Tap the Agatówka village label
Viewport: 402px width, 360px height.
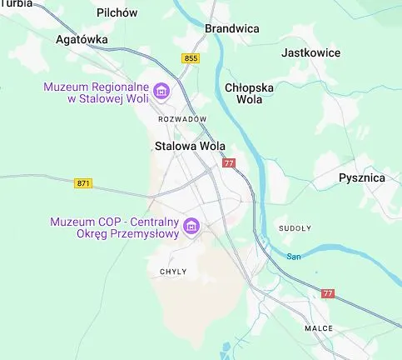82,39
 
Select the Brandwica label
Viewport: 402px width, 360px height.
231,28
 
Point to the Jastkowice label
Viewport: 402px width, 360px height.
311,52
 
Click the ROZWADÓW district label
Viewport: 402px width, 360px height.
181,119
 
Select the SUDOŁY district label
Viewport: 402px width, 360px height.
295,227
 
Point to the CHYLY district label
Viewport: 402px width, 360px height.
173,272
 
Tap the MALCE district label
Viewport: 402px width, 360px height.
318,328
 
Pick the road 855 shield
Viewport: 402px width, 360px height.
191,57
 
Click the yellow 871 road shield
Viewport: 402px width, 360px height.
83,183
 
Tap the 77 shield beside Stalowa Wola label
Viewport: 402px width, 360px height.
230,163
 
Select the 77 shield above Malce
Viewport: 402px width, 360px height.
328,293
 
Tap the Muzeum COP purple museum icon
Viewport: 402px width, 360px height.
191,226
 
